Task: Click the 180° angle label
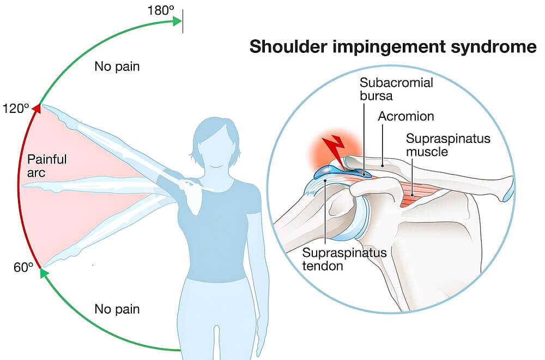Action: [161, 11]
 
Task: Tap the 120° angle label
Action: [16, 109]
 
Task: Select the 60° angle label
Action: [23, 267]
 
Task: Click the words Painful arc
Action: [47, 166]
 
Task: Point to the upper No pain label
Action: [117, 67]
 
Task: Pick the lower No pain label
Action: [117, 309]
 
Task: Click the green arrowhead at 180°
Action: [177, 21]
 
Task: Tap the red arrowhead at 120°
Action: [37, 109]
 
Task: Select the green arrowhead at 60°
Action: [44, 273]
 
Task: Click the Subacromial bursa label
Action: [396, 89]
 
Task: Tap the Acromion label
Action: [406, 116]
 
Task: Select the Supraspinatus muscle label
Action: [448, 145]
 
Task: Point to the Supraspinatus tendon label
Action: [344, 259]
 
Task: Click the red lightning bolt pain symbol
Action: [334, 151]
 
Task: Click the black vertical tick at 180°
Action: [183, 21]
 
